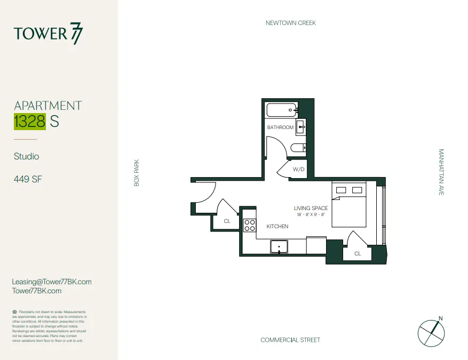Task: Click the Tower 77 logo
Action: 49,34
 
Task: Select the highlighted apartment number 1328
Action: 30,122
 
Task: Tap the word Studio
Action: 27,157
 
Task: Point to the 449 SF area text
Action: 28,179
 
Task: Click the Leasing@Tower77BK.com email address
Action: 52,282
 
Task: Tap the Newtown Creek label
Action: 291,23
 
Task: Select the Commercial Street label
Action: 290,340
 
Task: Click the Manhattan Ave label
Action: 441,172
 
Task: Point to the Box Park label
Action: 137,172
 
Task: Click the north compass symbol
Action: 431,332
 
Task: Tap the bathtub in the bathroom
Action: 281,111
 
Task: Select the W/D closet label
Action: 298,169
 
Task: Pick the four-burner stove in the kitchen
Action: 250,225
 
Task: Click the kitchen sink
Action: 279,246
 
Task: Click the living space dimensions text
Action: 311,214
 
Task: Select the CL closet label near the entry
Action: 227,221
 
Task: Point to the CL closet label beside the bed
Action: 358,253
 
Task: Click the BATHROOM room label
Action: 280,127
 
